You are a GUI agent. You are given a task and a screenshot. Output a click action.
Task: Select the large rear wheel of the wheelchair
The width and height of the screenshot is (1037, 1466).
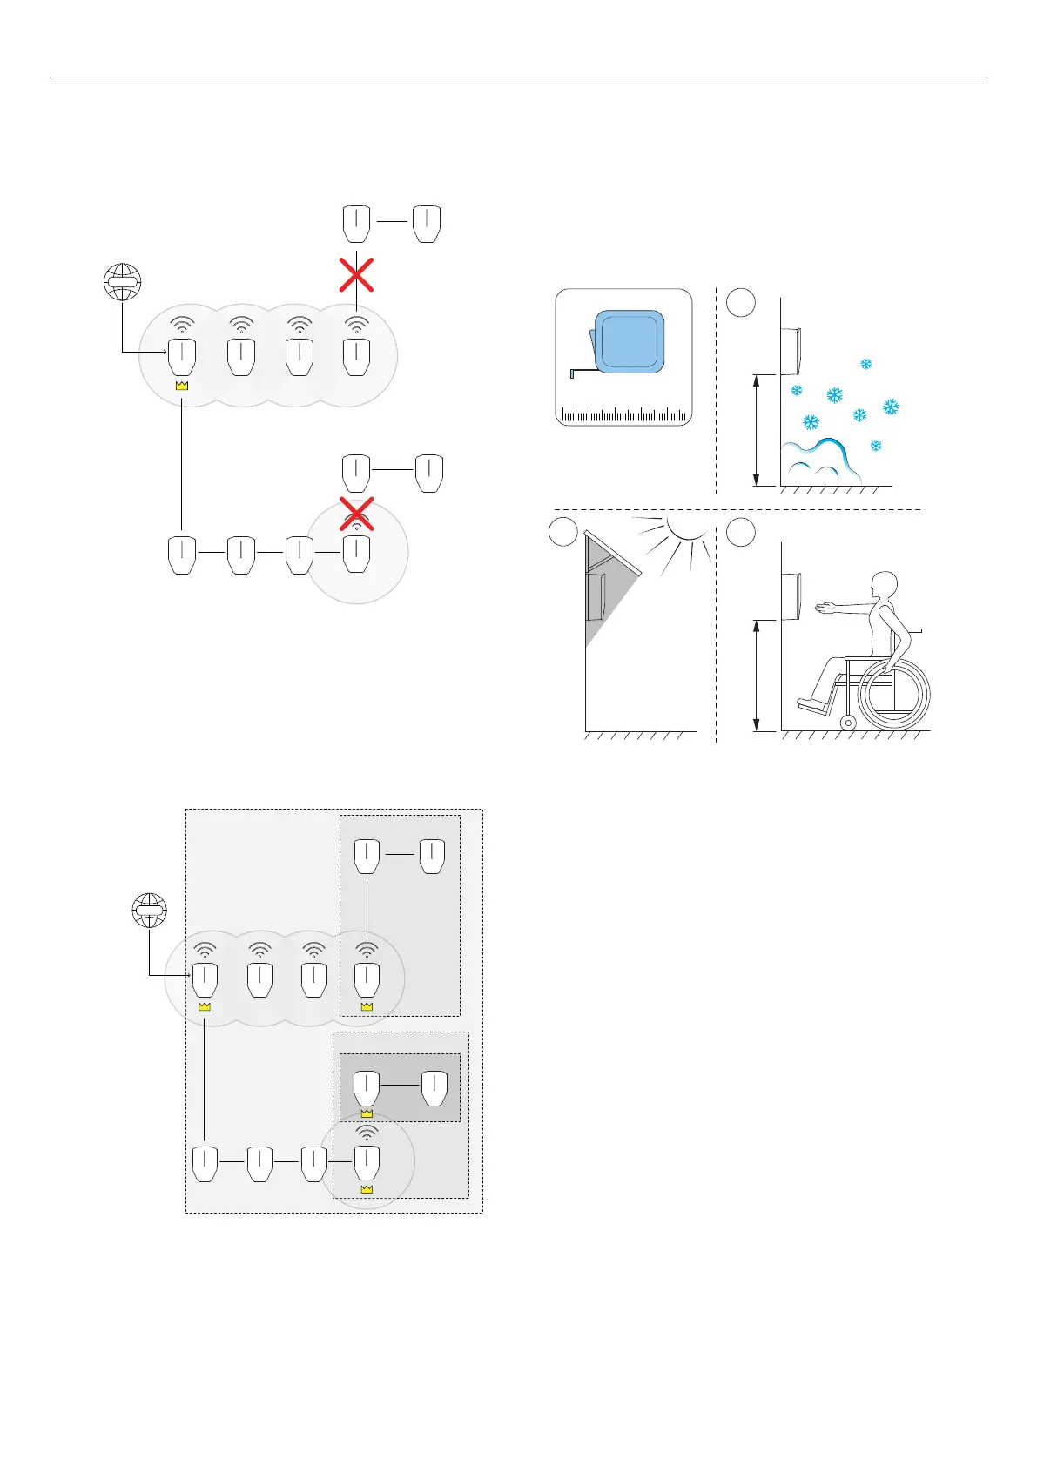(x=894, y=694)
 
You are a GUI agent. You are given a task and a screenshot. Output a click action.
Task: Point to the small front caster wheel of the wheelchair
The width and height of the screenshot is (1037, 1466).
(x=847, y=722)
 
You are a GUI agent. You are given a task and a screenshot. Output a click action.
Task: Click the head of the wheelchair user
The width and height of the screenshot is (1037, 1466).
(x=885, y=586)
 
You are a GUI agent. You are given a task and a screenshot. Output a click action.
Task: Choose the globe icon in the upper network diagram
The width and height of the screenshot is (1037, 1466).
(x=122, y=281)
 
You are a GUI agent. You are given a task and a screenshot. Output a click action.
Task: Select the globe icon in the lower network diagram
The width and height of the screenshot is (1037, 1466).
(x=149, y=911)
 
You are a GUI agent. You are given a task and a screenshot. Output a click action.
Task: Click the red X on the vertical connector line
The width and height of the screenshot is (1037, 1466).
(x=356, y=273)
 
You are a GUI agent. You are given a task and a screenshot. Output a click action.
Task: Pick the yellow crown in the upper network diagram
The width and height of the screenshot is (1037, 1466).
(x=182, y=385)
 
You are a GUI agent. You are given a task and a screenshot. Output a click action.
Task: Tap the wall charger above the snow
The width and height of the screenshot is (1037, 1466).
(x=791, y=349)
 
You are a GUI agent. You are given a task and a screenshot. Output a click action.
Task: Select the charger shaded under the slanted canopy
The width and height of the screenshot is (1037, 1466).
(x=597, y=593)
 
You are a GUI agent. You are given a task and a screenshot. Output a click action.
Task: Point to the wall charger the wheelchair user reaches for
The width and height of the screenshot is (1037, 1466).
(x=791, y=595)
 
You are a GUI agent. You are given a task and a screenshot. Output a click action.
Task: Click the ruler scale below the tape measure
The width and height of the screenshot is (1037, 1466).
(x=623, y=414)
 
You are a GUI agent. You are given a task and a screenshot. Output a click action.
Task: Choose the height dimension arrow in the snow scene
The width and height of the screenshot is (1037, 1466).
(x=757, y=430)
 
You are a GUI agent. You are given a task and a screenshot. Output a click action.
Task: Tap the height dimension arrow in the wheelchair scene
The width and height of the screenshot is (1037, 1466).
(x=757, y=676)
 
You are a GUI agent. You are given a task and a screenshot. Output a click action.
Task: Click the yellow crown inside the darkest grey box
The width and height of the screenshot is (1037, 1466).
(x=367, y=1113)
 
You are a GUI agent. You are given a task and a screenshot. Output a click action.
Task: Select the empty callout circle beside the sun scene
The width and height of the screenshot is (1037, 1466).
(x=563, y=532)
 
